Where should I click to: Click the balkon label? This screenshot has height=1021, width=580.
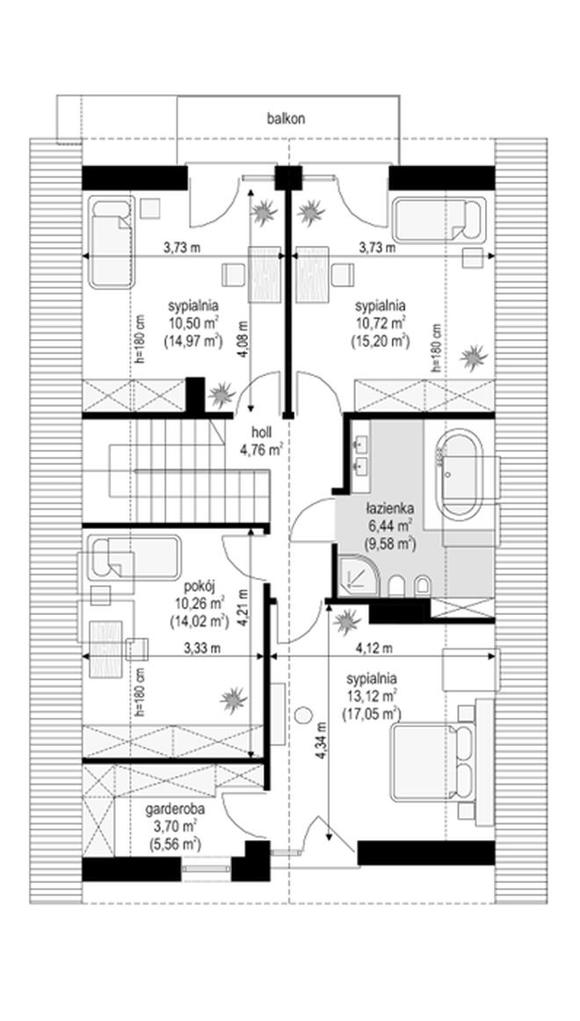(x=286, y=119)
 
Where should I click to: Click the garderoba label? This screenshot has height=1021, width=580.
(x=175, y=811)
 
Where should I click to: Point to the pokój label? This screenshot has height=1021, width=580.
(x=197, y=584)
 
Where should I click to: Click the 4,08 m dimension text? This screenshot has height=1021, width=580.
(x=243, y=339)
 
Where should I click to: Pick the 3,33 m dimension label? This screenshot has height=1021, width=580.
(x=202, y=648)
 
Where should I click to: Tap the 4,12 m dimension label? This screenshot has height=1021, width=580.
(x=373, y=648)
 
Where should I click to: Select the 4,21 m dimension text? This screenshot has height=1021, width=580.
(x=243, y=607)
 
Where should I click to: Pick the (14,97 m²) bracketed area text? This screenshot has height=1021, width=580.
(x=193, y=340)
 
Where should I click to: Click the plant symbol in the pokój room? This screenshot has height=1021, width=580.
(x=233, y=700)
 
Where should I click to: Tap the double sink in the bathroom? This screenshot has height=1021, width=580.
(x=360, y=454)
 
